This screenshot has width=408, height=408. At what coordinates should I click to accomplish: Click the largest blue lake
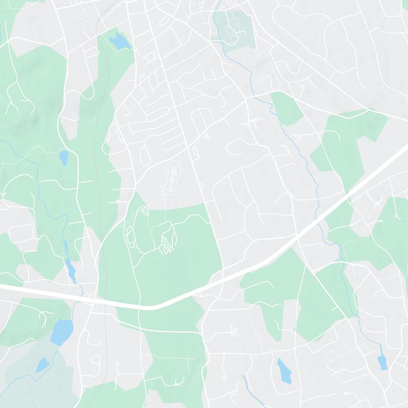tap(61, 331)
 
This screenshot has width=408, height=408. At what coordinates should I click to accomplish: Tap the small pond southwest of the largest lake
tap(42, 365)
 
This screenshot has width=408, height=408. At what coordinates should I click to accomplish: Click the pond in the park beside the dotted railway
tap(120, 42)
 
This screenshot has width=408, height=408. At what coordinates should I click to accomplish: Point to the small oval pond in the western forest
tap(63, 158)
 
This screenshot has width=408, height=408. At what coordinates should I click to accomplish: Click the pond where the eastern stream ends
tap(382, 362)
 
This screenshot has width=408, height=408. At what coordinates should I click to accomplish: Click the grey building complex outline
tap(172, 176)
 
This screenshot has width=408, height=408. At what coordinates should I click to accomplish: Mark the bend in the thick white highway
tap(153, 307)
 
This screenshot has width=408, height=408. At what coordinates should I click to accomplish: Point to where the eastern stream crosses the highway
tap(320, 220)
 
